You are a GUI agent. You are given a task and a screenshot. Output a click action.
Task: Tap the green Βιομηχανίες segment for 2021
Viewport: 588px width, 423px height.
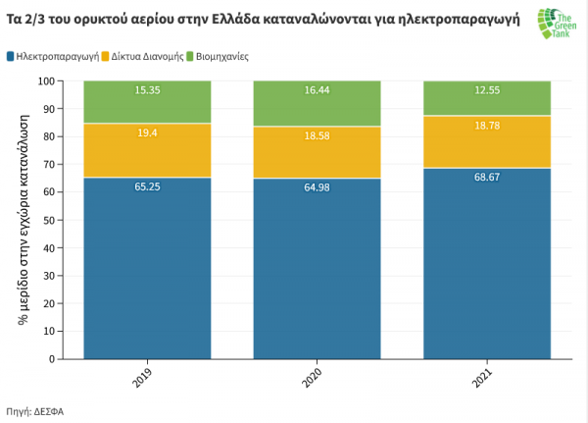pos(486,98)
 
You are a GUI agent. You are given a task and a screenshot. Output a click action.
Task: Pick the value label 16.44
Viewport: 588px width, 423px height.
pos(317,89)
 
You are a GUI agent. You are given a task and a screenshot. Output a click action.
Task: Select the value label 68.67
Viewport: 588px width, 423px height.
pos(486,177)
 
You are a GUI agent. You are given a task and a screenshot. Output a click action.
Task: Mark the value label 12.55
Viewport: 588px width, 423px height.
pos(486,91)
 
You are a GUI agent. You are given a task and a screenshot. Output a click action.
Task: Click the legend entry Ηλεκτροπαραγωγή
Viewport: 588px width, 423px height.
pos(58,57)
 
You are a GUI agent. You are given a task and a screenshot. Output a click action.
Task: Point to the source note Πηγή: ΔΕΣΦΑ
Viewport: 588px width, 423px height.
pos(41,409)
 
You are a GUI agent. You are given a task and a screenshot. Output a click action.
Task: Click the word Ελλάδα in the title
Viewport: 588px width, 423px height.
pos(251,18)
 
